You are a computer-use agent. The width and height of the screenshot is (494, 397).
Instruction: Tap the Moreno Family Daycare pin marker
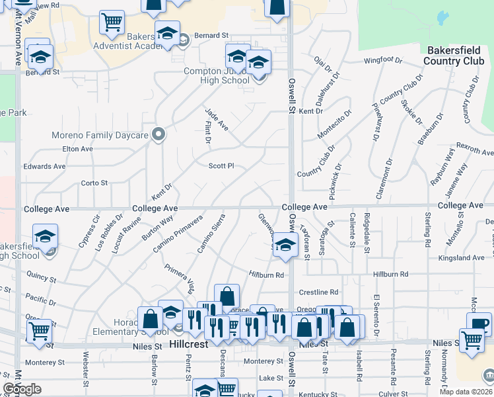(158, 135)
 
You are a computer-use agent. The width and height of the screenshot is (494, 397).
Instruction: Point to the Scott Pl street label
(222, 166)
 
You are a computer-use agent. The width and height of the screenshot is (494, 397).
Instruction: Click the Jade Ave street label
(216, 118)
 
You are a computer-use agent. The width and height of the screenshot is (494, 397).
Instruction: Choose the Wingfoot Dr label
(383, 61)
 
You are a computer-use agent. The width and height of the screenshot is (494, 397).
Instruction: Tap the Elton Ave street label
(77, 150)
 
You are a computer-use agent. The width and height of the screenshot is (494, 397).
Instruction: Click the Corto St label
(94, 183)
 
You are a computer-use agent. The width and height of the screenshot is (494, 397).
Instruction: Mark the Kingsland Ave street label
(466, 257)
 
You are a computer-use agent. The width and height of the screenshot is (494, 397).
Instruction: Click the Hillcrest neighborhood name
(189, 345)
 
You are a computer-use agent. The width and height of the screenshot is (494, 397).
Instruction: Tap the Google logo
(22, 389)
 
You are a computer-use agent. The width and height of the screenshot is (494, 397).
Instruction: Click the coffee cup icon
(478, 324)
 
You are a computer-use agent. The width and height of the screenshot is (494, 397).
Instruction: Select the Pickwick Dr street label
(335, 181)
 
